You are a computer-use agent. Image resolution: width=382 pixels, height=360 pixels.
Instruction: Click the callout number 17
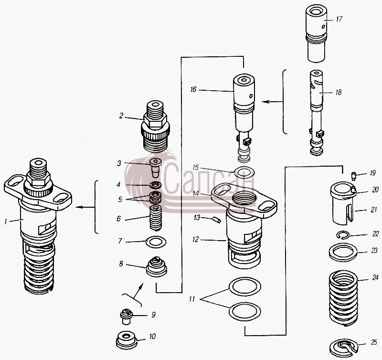coord(339,19)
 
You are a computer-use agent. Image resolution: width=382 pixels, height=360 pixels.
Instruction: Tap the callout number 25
coord(374,342)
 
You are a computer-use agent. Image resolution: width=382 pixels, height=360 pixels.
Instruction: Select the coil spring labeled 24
coord(343,298)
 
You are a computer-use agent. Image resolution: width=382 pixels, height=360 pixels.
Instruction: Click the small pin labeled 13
coord(217,220)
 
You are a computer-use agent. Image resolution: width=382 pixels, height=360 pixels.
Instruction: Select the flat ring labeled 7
coord(156,242)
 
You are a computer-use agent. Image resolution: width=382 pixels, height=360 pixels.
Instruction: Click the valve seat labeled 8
coord(157,266)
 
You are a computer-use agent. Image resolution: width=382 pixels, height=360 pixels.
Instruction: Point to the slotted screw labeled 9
coord(126,317)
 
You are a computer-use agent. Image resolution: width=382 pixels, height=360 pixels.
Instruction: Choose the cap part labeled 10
coord(127,340)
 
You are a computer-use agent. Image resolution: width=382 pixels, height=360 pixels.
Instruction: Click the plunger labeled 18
coord(317,113)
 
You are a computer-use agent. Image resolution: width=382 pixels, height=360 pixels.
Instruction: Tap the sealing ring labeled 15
coord(244,173)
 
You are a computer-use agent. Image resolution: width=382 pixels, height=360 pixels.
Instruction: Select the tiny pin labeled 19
coord(353,176)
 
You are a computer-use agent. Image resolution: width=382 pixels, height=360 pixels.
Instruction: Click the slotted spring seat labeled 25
coord(343,347)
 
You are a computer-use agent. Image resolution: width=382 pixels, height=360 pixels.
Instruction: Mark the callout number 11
coord(192,298)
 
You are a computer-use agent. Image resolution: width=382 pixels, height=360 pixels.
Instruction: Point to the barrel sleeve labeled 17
coord(316,33)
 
